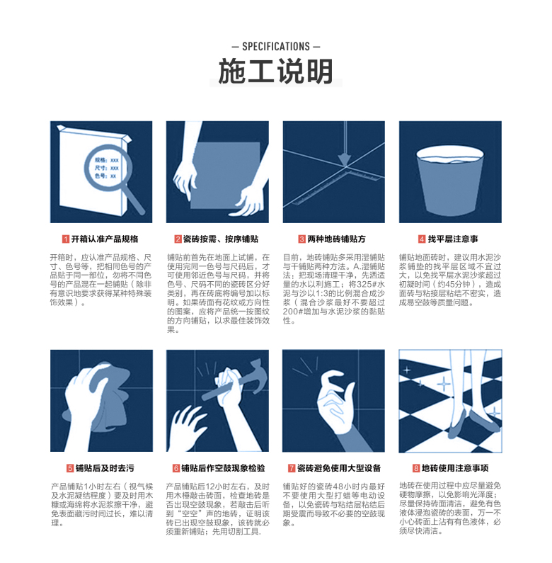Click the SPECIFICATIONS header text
pos(276,47)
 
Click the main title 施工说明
pos(276,72)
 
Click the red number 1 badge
pos(65,239)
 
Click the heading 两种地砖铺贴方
pos(337,239)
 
